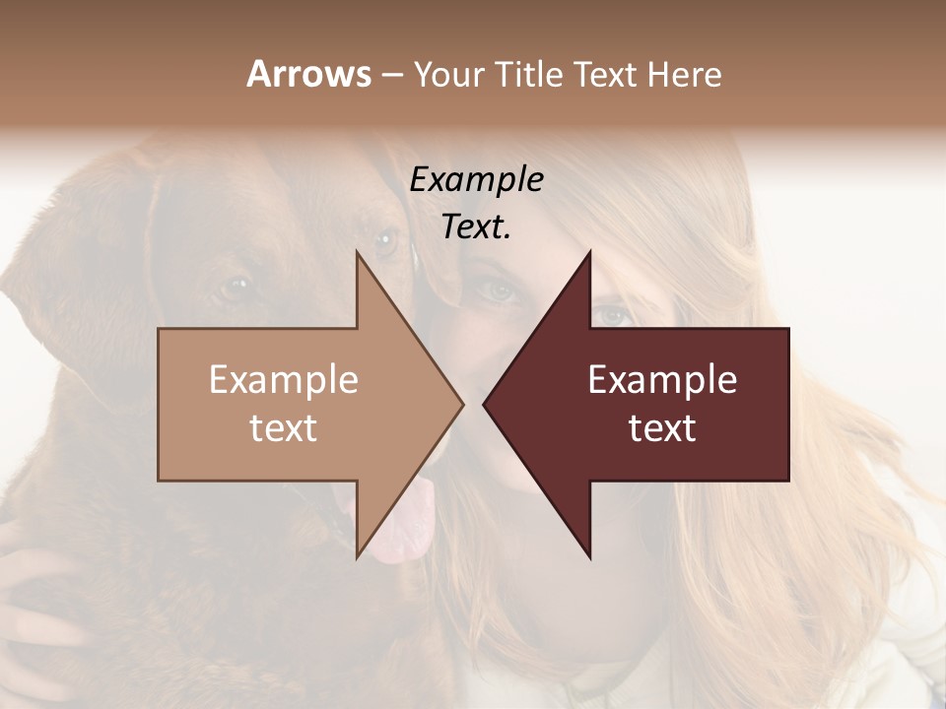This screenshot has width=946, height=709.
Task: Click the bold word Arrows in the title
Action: pos(308,74)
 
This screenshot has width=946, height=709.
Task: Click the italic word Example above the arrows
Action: pos(477,180)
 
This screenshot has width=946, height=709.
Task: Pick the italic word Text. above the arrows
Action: pos(477,226)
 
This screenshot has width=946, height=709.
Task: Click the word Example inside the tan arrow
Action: pos(284,380)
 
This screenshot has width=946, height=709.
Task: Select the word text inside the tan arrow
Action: pos(284,427)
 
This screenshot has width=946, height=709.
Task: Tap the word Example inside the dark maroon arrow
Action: pos(662,380)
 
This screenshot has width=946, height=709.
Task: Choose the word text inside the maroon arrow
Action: pos(662,427)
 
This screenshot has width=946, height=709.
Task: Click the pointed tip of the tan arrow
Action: pos(463,404)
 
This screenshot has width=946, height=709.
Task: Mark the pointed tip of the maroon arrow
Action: pos(483,404)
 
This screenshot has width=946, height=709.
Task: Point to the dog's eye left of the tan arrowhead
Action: pos(235,287)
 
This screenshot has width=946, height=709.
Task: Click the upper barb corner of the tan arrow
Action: pos(357,251)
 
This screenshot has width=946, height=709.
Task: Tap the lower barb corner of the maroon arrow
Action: pos(590,558)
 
